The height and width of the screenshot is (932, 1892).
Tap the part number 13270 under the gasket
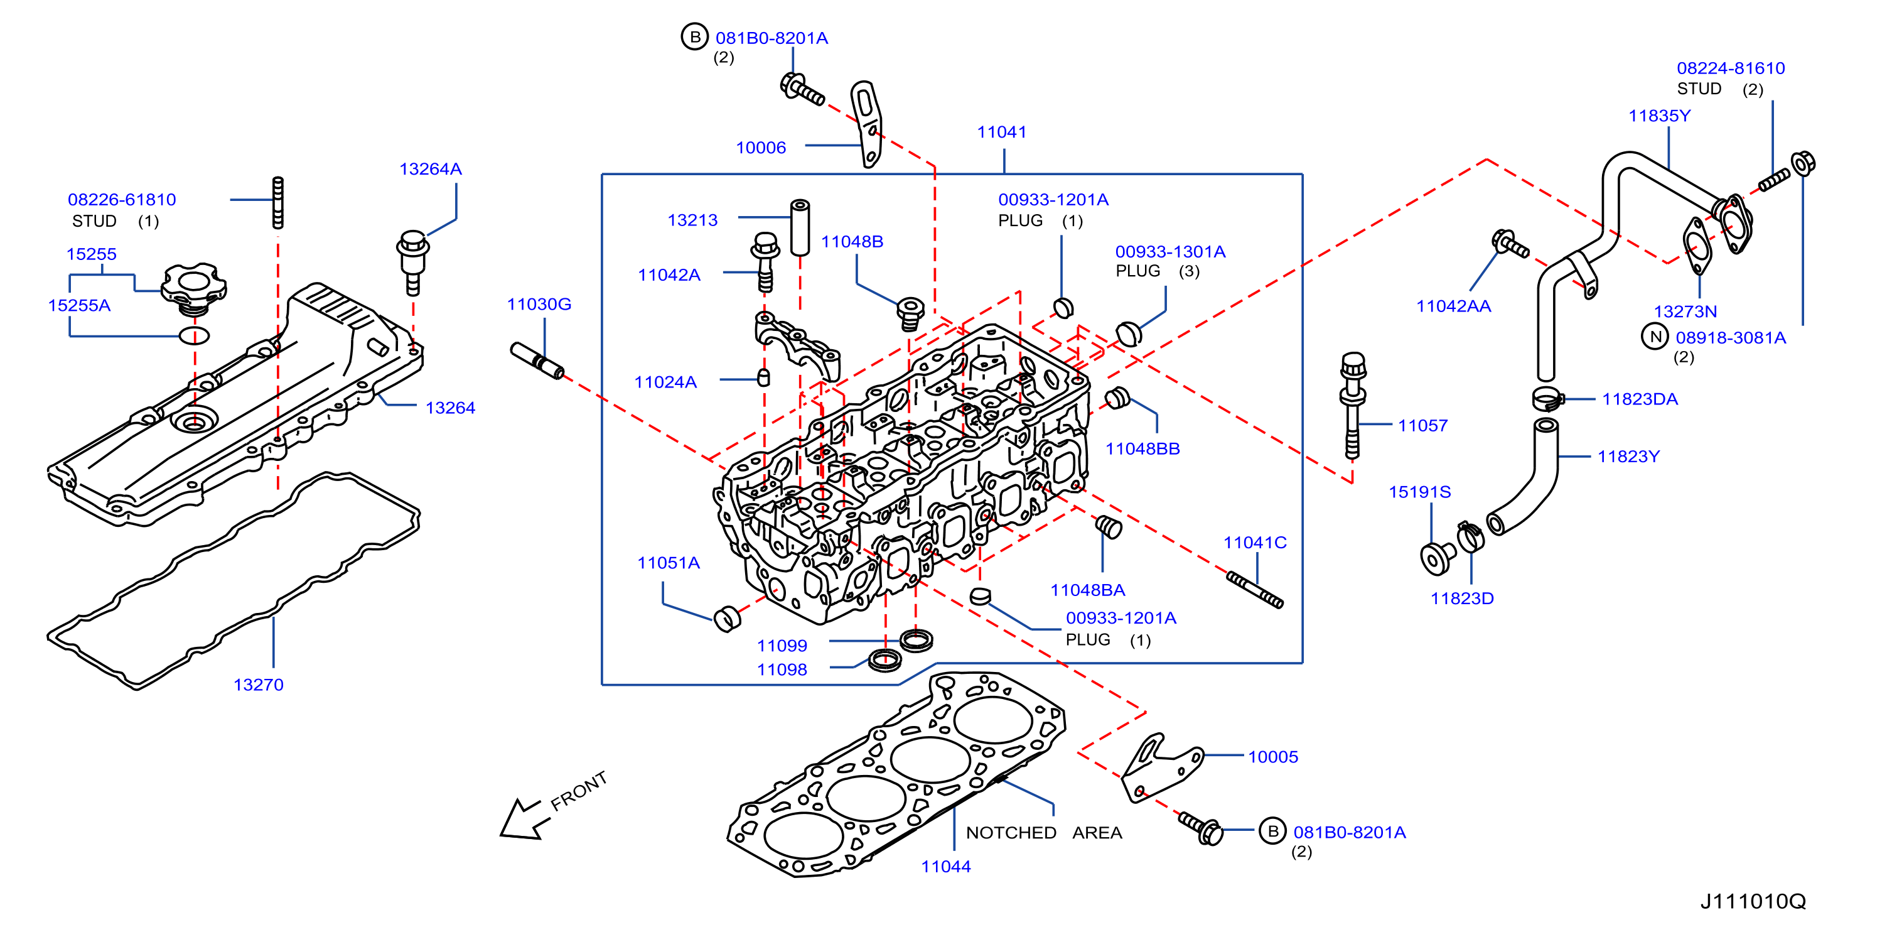coord(259,685)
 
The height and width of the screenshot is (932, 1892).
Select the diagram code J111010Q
coord(1753,901)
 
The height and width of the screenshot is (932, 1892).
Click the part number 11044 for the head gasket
coord(946,867)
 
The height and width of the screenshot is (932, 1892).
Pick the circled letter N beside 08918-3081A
coord(1655,337)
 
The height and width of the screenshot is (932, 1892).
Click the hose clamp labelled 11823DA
coord(1547,399)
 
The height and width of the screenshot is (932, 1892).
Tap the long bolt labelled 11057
coord(1352,405)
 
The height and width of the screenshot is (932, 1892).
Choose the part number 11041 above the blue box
coord(1002,133)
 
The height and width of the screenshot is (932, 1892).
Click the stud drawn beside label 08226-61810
coord(277,202)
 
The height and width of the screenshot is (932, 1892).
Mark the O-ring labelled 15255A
coord(195,336)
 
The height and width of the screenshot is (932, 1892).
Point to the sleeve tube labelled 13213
coord(800,228)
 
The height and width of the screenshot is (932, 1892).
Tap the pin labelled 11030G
coord(537,361)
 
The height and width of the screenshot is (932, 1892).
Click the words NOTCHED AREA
coord(1044,833)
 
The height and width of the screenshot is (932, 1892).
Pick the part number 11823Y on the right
coord(1628,457)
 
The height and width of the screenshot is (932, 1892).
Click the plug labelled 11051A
coord(727,619)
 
